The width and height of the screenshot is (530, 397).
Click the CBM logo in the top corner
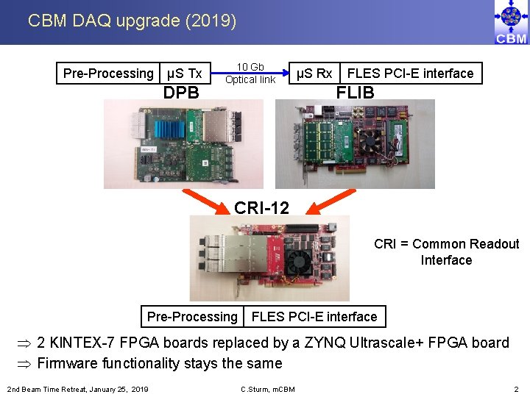511,23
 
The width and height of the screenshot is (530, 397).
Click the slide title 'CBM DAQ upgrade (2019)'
132,21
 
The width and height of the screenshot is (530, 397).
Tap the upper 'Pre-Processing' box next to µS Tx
108,74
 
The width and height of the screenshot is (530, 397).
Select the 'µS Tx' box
185,74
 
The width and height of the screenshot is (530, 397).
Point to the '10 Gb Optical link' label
250,74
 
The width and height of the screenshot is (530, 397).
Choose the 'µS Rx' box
314,74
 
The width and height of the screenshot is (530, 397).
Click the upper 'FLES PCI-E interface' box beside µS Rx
410,74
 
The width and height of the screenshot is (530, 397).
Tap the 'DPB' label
181,93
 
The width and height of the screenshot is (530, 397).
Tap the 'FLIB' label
355,93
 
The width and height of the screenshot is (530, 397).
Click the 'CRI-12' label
261,208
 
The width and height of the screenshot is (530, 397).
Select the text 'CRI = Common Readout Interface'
446,252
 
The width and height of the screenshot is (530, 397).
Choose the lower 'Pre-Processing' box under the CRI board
192,317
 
